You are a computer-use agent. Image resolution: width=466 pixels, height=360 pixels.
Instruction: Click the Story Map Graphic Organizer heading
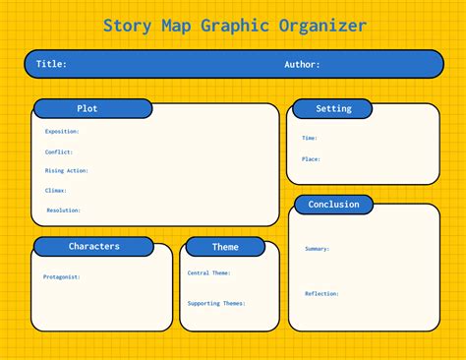coord(234,25)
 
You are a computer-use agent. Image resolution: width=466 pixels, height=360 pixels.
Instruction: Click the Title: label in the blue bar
coord(51,65)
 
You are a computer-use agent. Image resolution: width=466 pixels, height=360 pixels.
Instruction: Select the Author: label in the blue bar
coord(302,65)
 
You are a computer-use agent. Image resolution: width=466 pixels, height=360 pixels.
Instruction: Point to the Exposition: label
coord(62,131)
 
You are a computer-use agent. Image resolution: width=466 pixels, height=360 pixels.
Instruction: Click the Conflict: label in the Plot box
coord(59,151)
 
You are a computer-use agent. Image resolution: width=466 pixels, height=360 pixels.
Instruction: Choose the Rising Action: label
coord(67,170)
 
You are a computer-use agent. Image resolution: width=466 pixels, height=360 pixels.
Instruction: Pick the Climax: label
coord(56,190)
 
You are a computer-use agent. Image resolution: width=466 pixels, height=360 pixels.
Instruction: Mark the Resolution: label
coord(63,210)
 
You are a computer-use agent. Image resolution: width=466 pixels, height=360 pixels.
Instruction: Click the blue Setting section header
coord(334,108)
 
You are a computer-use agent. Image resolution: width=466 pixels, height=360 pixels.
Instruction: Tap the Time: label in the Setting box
coord(310,138)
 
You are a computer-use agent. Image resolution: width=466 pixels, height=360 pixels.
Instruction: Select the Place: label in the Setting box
coord(311,158)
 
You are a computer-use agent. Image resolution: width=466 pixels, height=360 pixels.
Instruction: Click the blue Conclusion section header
coord(334,205)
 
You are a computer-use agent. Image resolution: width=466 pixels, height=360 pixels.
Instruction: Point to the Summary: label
coord(318,249)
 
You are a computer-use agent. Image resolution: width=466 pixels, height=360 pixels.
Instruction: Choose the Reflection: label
coord(321,293)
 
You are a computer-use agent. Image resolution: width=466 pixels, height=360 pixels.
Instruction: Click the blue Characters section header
coord(94,246)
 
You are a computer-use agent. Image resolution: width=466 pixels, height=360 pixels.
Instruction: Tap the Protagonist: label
coord(62,276)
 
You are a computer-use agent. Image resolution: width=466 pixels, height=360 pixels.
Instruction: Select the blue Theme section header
coord(225,247)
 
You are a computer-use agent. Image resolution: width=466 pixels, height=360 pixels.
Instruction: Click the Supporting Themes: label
coord(216,303)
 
